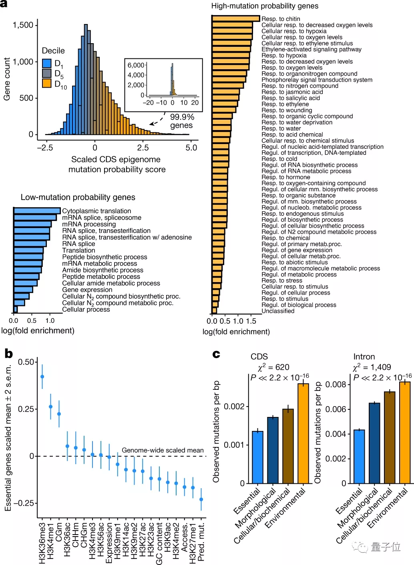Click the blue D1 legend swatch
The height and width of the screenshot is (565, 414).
coord(47,63)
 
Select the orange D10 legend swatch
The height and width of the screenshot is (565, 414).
coord(47,83)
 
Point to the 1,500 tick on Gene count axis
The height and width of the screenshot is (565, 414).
coord(23,25)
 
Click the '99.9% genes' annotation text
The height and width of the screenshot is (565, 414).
coord(182,121)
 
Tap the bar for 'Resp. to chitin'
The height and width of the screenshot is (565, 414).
coord(236,18)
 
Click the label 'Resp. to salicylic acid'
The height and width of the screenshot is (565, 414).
coord(291,98)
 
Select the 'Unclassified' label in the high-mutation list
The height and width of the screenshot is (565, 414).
coord(278,311)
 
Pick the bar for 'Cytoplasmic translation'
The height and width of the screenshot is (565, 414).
coord(37,210)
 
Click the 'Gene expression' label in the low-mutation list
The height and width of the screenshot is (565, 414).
coord(87,290)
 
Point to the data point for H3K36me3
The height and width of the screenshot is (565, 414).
coord(42,377)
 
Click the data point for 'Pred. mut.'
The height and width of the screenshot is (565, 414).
coord(201,499)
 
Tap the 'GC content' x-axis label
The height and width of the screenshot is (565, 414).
coord(159,543)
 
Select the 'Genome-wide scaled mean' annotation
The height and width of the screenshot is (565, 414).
coord(163,450)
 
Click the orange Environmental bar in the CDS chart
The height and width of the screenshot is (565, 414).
coord(303,433)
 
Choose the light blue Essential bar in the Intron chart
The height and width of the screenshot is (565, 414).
coord(359,457)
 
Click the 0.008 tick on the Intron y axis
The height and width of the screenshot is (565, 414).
coord(336,385)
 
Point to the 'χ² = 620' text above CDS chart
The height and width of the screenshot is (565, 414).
coord(273,367)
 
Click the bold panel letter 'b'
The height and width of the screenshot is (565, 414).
coord(8,354)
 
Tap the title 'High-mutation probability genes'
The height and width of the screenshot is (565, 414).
coord(265,6)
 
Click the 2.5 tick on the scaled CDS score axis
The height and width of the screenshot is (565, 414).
coord(143,147)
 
